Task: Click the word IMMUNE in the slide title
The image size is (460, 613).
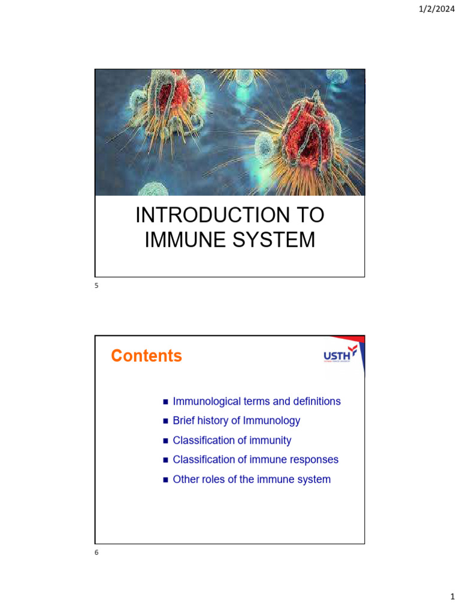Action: click(182, 239)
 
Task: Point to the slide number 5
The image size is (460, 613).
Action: click(96, 286)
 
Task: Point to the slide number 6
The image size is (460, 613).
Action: click(96, 553)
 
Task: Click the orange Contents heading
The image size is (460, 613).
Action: click(146, 356)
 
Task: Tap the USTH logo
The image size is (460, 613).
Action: click(340, 355)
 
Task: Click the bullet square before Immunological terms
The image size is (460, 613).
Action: click(166, 402)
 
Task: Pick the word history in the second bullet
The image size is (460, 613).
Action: click(214, 421)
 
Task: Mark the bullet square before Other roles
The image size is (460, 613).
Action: click(166, 480)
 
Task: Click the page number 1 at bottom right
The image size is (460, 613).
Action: click(453, 597)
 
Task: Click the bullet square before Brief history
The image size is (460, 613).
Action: click(166, 421)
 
